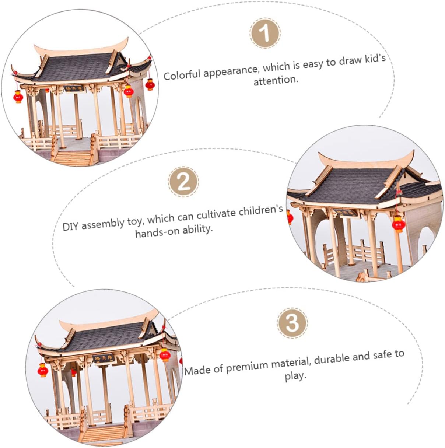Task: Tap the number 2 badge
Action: (x=183, y=182)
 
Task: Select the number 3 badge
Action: (x=292, y=323)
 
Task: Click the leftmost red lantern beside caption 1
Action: (x=18, y=96)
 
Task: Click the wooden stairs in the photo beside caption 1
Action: (x=73, y=158)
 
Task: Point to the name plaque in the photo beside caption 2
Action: (x=345, y=212)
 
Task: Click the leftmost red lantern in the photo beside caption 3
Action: (x=43, y=370)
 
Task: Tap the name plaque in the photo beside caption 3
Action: (x=104, y=359)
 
